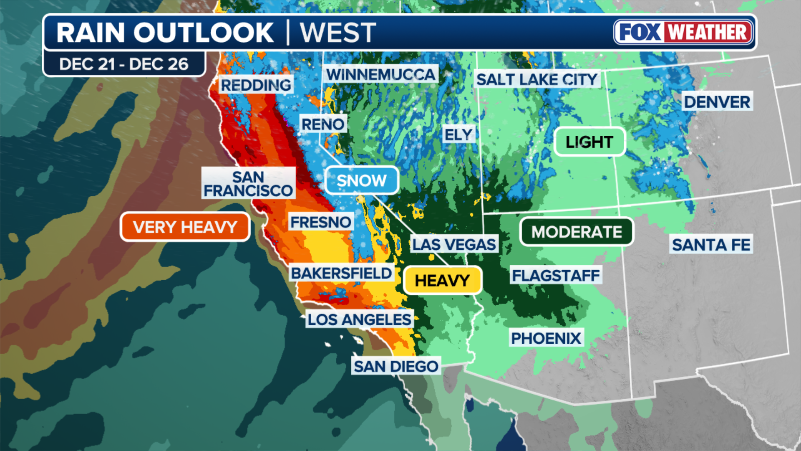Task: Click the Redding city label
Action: tap(256, 85)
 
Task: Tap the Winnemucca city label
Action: tap(381, 75)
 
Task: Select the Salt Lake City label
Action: tap(537, 79)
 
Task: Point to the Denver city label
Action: tap(717, 101)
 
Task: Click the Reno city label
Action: tap(323, 124)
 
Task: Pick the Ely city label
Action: tap(458, 134)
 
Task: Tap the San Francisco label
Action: tap(248, 183)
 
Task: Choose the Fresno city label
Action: tap(320, 222)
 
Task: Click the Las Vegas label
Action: tap(454, 244)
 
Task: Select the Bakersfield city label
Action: tap(341, 273)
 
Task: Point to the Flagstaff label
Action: tap(556, 276)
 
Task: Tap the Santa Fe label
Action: tap(711, 245)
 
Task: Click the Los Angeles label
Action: tap(359, 319)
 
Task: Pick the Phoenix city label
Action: tap(546, 338)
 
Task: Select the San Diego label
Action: tap(396, 366)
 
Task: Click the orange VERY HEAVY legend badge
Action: tap(185, 227)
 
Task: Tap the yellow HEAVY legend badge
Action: tap(442, 280)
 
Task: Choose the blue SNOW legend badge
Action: tap(361, 180)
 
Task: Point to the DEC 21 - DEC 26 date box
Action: tap(124, 64)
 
